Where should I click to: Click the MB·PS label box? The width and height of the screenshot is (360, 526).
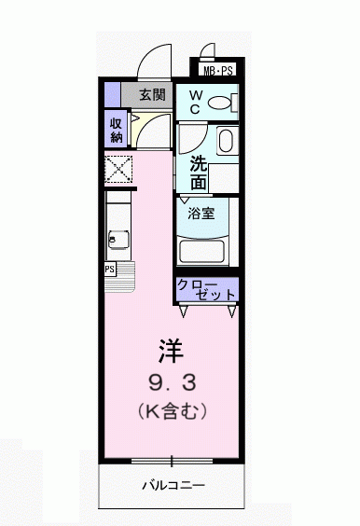pos(218,71)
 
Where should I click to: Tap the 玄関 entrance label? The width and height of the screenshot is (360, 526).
pos(153,95)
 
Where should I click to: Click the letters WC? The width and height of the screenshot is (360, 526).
pos(196,103)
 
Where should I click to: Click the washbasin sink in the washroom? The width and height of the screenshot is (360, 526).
pos(228,141)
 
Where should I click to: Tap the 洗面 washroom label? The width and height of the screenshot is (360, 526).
pos(199,173)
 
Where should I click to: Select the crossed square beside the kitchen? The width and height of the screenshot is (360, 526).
pos(118,169)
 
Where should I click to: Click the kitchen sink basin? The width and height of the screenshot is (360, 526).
pos(118,240)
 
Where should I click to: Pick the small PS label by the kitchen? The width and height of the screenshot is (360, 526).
pos(110,269)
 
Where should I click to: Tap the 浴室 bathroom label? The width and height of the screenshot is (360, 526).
pos(201,213)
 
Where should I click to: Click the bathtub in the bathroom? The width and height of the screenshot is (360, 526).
pos(203,252)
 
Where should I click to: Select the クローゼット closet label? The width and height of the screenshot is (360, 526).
pos(206,289)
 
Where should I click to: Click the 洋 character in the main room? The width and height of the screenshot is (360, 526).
pos(172,351)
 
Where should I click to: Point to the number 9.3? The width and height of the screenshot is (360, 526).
pos(173,382)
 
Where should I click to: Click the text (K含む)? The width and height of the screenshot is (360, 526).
pos(173,410)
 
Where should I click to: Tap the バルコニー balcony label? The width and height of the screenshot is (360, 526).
pos(173,485)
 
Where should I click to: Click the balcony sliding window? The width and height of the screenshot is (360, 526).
pos(172,462)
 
